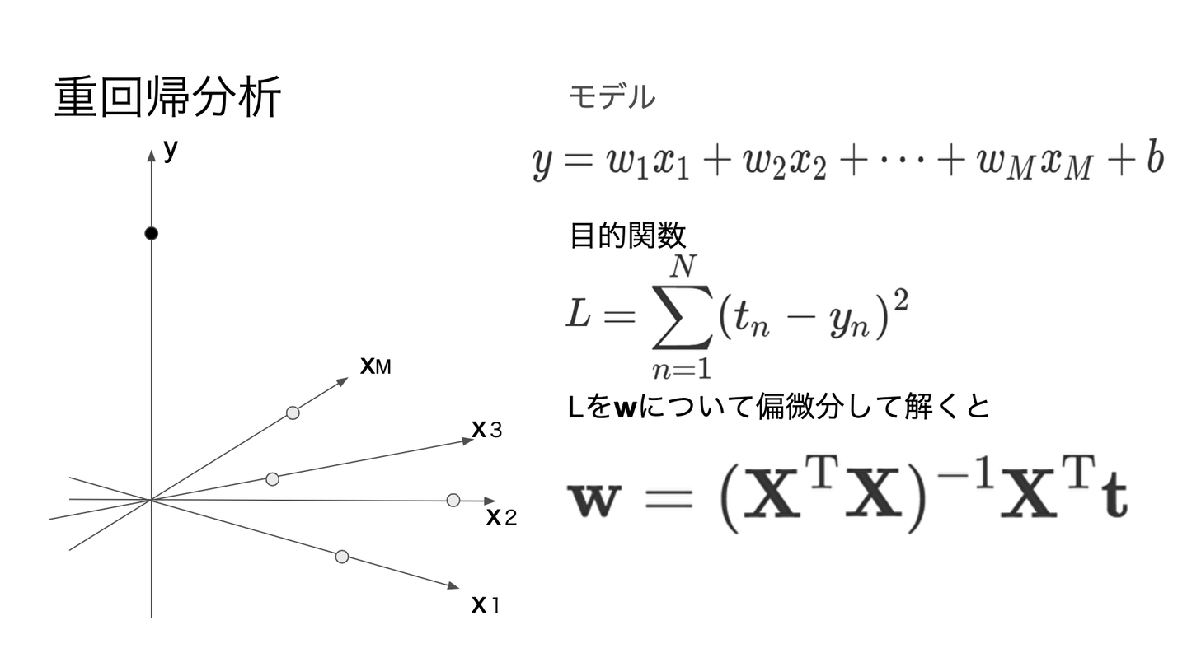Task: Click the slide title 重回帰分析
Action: (168, 98)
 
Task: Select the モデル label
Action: (612, 98)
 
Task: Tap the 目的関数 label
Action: (627, 236)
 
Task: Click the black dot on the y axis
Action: (151, 234)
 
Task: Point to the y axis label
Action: (171, 150)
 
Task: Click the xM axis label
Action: (375, 366)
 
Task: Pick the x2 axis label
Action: (501, 518)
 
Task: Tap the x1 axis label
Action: (486, 605)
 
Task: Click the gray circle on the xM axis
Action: (293, 413)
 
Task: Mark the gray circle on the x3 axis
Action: (273, 478)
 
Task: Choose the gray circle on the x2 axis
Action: (453, 500)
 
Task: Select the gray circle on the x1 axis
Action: (342, 557)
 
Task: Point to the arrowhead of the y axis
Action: (151, 155)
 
